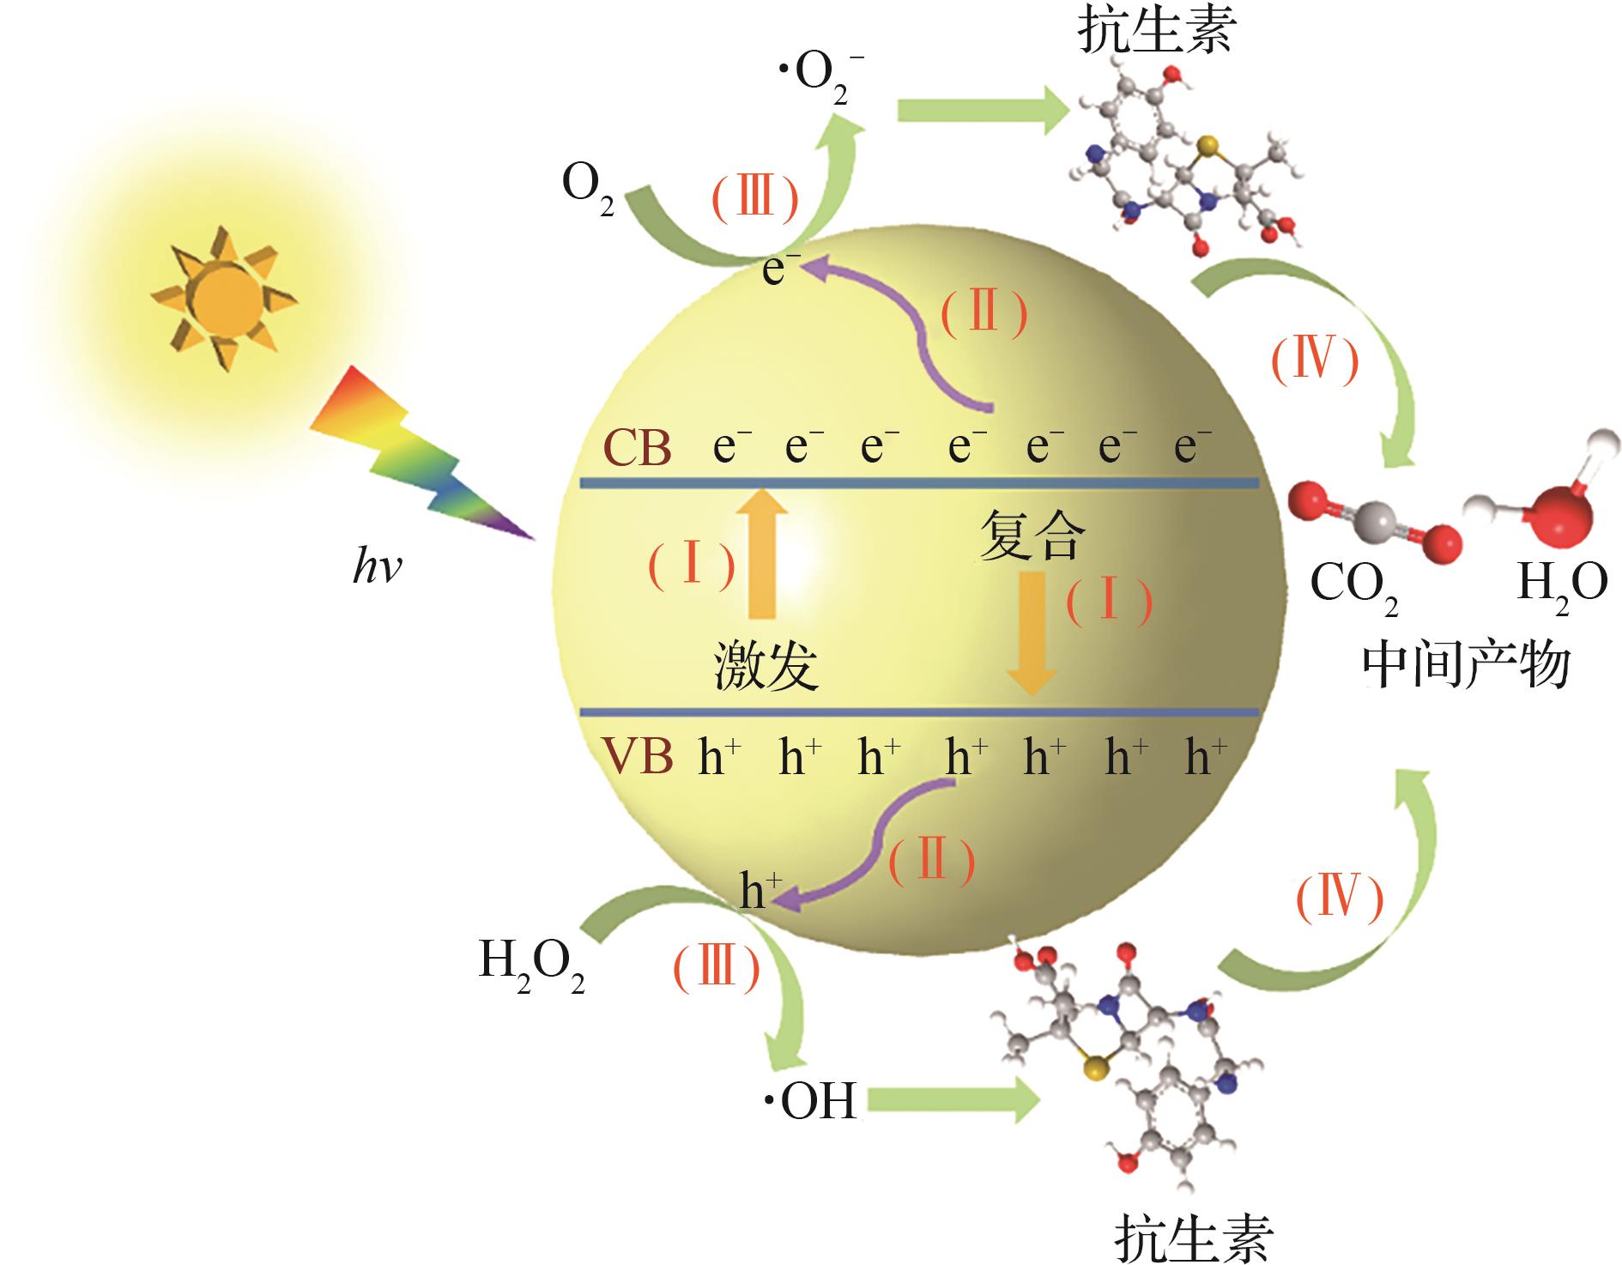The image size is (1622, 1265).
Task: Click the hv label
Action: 377,568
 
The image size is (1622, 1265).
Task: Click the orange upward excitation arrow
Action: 762,554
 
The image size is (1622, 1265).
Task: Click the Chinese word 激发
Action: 766,667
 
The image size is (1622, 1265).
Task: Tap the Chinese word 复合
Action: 1032,536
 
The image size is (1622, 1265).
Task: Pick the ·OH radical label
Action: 811,1101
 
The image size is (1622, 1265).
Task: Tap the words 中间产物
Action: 1467,666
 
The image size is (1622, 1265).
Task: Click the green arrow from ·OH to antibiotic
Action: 953,1100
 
